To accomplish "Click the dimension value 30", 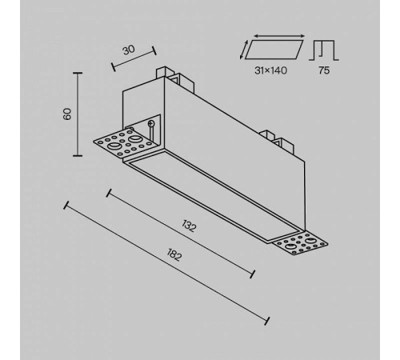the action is (x=129, y=50).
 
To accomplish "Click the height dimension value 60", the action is (x=67, y=114).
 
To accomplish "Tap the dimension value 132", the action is (x=189, y=226).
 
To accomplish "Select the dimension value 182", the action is (x=174, y=254).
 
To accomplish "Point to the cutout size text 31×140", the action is (x=270, y=70).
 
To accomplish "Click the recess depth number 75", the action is (x=324, y=70).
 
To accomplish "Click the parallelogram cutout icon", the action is (x=274, y=50).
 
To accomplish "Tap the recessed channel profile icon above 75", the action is (x=324, y=50).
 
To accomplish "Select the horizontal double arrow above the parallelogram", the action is (x=279, y=36).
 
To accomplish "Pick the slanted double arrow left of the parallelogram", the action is (x=244, y=50).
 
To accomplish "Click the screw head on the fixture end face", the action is (x=151, y=123).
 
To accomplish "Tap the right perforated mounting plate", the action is (x=301, y=244).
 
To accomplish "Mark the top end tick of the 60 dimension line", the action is (x=78, y=73).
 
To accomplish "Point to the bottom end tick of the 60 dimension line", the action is (x=78, y=155).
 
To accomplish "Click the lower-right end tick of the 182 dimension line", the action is (x=267, y=321).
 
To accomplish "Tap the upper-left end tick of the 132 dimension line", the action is (x=109, y=193).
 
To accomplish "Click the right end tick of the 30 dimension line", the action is (x=154, y=50).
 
